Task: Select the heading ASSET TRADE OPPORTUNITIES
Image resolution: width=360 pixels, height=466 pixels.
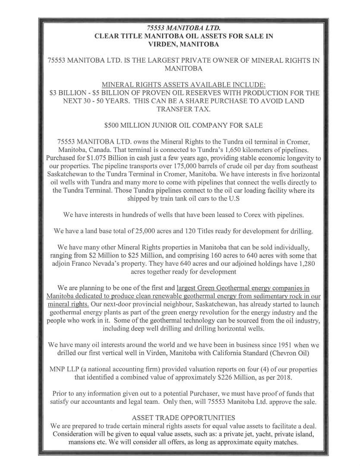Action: pos(183,418)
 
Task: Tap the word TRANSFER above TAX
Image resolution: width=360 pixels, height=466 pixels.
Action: pos(169,109)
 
